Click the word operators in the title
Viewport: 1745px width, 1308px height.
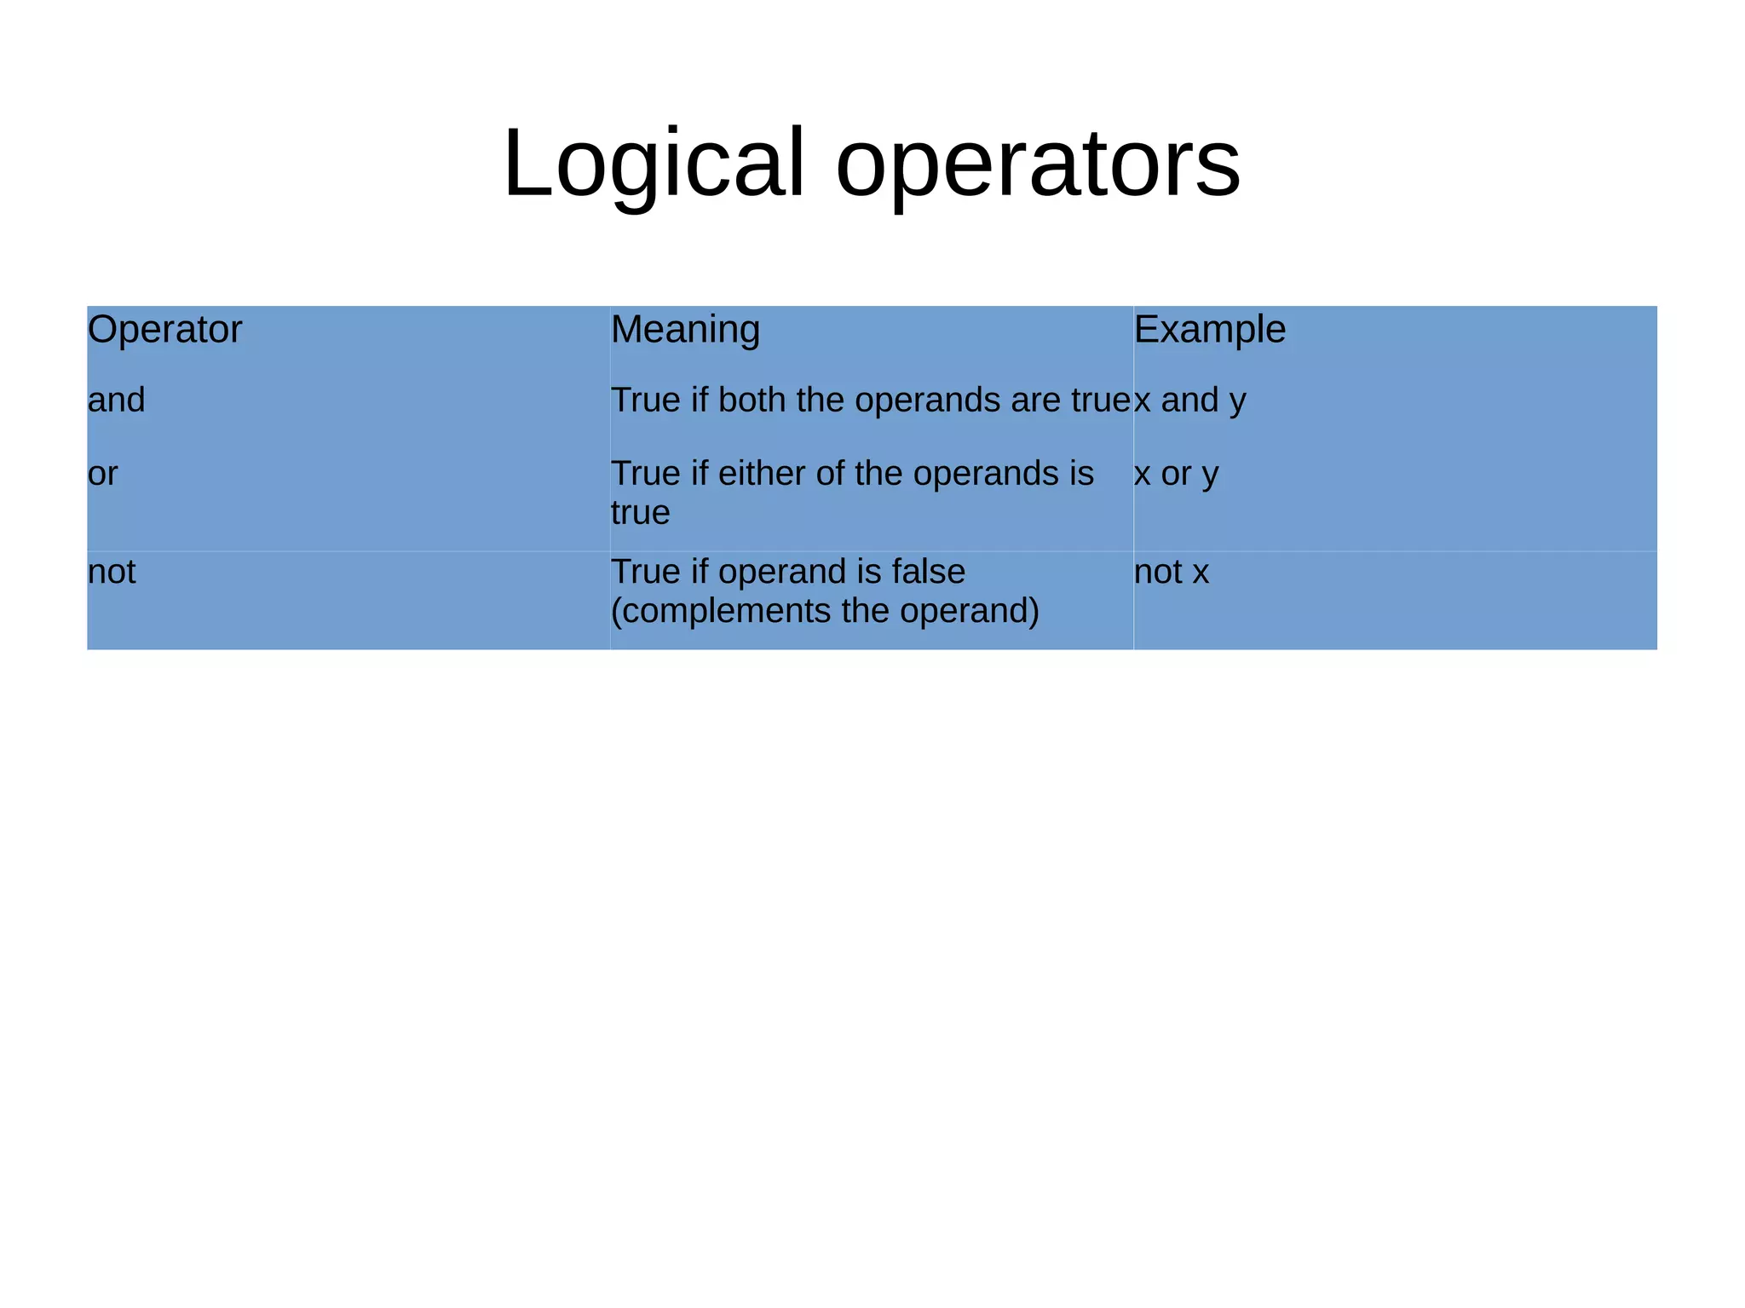[x=1038, y=163]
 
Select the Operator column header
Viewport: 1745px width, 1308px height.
[x=164, y=330]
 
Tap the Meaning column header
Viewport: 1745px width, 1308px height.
[x=685, y=330]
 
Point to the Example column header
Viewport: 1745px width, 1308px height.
[x=1209, y=330]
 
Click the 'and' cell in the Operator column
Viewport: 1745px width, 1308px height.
[x=117, y=400]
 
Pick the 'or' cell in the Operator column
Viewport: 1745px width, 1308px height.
[x=103, y=474]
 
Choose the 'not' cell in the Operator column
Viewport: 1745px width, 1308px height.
[x=112, y=572]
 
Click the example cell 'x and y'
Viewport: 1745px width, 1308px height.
[x=1190, y=400]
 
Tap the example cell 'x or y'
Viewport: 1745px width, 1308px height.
[x=1177, y=474]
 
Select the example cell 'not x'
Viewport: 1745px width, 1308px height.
[x=1172, y=572]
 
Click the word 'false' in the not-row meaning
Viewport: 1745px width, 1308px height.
[x=928, y=572]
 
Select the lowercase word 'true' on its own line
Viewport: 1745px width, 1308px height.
[x=641, y=513]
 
